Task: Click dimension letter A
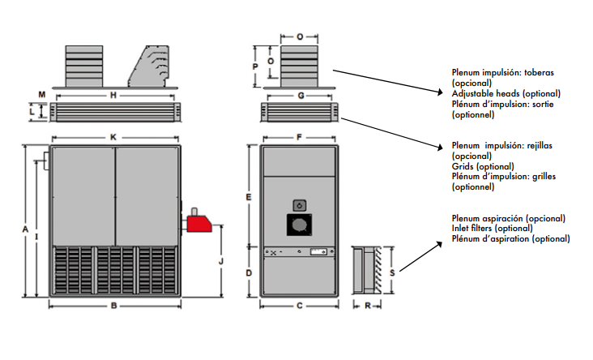(x=27, y=231)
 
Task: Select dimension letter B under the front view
(x=113, y=306)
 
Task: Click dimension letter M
(x=42, y=96)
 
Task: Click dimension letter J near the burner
(x=221, y=261)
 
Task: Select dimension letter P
(x=254, y=66)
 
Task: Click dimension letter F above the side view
(x=299, y=137)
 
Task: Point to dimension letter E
(x=249, y=197)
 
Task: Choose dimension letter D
(x=249, y=273)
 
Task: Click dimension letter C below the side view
(x=299, y=306)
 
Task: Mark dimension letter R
(x=368, y=306)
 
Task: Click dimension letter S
(x=392, y=273)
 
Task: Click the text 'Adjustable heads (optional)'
(x=506, y=93)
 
